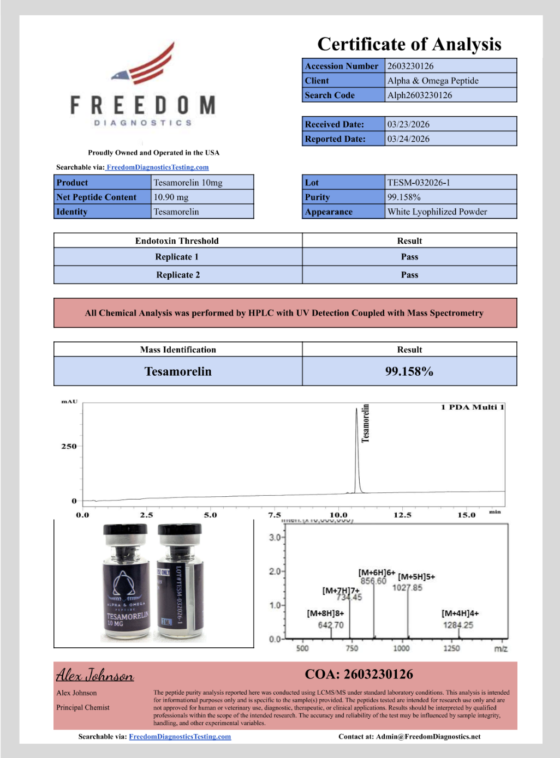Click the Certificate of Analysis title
pyautogui.click(x=409, y=44)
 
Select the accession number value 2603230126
pyautogui.click(x=410, y=66)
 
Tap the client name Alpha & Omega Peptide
pyautogui.click(x=433, y=81)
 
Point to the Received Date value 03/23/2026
pyautogui.click(x=408, y=124)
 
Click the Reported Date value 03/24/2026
pyautogui.click(x=408, y=139)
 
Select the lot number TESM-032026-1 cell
pyautogui.click(x=419, y=183)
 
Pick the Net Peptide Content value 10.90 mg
pyautogui.click(x=171, y=197)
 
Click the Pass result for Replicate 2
pyautogui.click(x=409, y=275)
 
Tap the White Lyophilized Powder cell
pyautogui.click(x=437, y=212)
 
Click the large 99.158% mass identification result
pyautogui.click(x=409, y=371)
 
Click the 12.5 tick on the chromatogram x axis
pyautogui.click(x=402, y=515)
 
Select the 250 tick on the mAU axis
pyautogui.click(x=69, y=446)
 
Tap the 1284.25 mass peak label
pyautogui.click(x=458, y=625)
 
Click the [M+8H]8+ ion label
pyautogui.click(x=325, y=613)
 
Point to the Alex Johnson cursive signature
pyautogui.click(x=95, y=675)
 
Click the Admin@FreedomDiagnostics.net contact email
pyautogui.click(x=428, y=737)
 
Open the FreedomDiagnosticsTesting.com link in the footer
pyautogui.click(x=180, y=737)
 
